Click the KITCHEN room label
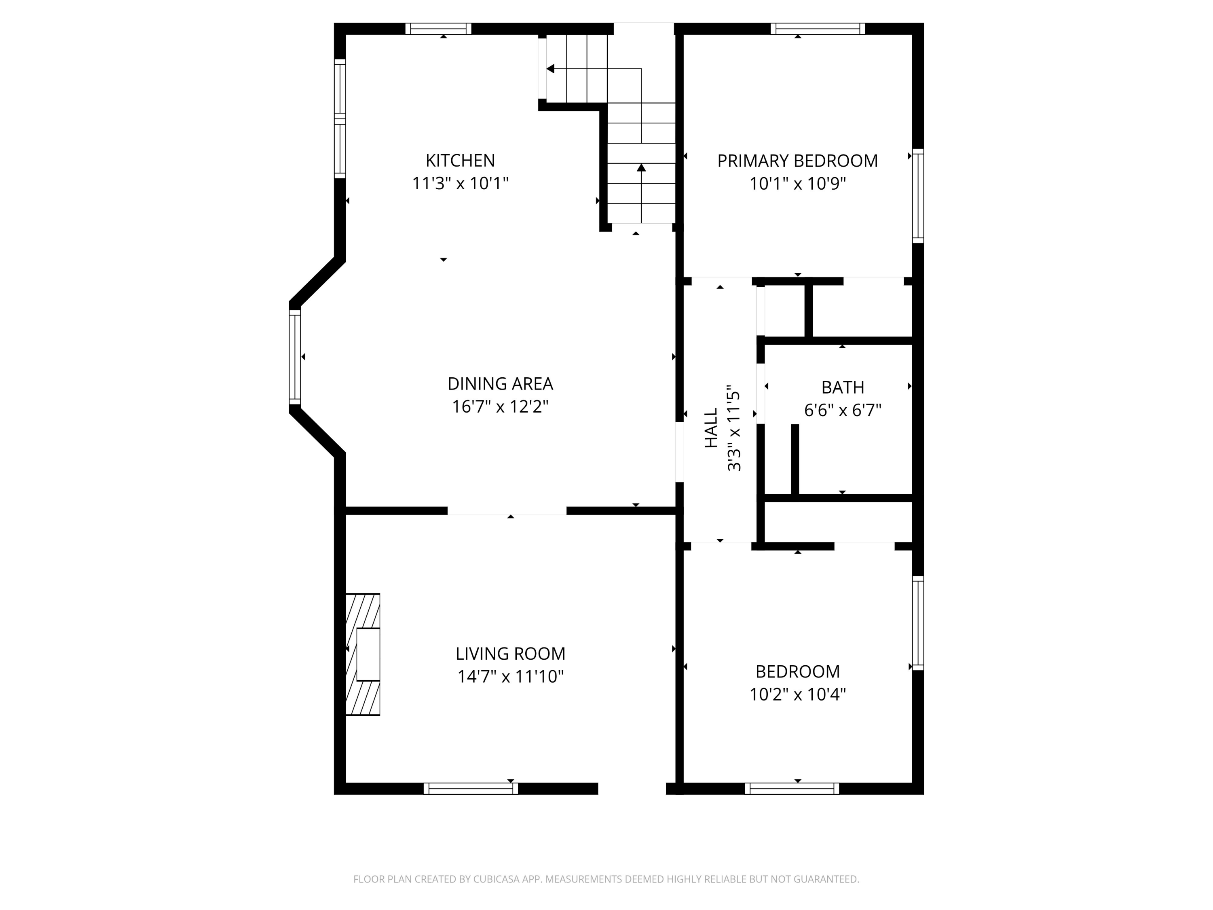click(x=460, y=160)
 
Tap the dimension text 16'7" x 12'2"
click(x=500, y=406)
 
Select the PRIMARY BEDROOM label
click(x=797, y=161)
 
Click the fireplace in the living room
click(x=363, y=654)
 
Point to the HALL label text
click(x=711, y=428)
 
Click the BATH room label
click(x=842, y=387)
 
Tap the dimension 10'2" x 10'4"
click(x=797, y=694)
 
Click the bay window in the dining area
click(x=295, y=357)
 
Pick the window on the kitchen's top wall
click(x=438, y=29)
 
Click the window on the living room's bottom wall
click(x=471, y=789)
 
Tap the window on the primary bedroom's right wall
click(x=918, y=196)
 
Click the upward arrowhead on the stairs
click(x=641, y=167)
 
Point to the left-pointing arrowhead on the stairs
click(x=551, y=69)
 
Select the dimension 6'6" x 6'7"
click(x=842, y=410)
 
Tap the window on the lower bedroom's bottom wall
click(x=792, y=789)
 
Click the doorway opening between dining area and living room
click(x=507, y=511)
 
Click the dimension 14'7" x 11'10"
click(x=510, y=676)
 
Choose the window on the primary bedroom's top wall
click(x=818, y=29)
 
